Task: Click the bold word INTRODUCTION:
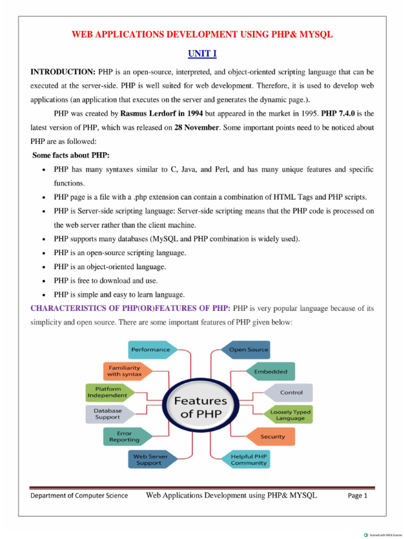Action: coord(63,71)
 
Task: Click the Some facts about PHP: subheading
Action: coord(71,155)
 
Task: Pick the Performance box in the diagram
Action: coord(151,350)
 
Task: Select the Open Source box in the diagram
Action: coord(248,350)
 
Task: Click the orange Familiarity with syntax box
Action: coord(125,371)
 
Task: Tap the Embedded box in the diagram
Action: coord(270,371)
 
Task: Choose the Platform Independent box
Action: coord(107,392)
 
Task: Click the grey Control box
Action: coord(290,393)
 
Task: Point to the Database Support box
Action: coord(107,414)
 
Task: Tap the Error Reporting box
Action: coord(124,436)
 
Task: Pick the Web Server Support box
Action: coord(150,460)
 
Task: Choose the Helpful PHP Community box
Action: coord(247,460)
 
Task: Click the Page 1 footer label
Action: coord(357,496)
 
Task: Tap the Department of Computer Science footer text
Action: coord(79,496)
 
